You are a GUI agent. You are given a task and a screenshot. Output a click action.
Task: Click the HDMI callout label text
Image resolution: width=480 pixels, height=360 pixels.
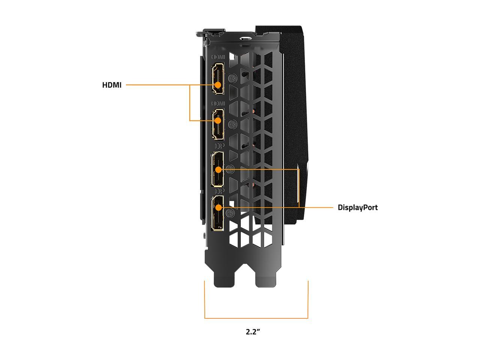pyautogui.click(x=112, y=85)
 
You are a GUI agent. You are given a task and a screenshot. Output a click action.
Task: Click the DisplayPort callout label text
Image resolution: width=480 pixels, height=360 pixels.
pyautogui.click(x=357, y=207)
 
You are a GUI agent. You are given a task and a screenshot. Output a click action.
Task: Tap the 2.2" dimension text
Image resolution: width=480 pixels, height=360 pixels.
pyautogui.click(x=253, y=331)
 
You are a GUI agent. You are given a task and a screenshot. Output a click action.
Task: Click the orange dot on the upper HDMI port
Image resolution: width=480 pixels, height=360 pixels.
pyautogui.click(x=218, y=85)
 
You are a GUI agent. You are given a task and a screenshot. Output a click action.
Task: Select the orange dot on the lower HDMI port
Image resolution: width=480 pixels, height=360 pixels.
pyautogui.click(x=218, y=120)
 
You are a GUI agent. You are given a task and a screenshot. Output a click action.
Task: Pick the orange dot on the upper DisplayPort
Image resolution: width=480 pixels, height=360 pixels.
pyautogui.click(x=219, y=169)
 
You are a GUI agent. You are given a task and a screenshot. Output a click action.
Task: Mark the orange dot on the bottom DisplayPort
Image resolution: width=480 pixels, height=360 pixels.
pyautogui.click(x=219, y=207)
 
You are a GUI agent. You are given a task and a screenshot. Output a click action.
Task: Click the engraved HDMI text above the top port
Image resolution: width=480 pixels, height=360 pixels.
pyautogui.click(x=218, y=57)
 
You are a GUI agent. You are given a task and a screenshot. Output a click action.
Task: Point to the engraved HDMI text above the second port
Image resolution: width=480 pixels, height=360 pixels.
pyautogui.click(x=218, y=103)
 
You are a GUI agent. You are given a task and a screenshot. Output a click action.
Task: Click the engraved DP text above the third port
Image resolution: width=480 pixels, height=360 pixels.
pyautogui.click(x=219, y=146)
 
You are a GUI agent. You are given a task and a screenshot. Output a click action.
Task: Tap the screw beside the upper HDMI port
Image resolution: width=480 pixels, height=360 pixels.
pyautogui.click(x=232, y=78)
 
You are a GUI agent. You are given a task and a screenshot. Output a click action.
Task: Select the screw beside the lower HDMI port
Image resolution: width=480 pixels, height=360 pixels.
pyautogui.click(x=232, y=124)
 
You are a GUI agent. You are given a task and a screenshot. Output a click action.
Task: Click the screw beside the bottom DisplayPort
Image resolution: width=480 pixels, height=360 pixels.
pyautogui.click(x=230, y=213)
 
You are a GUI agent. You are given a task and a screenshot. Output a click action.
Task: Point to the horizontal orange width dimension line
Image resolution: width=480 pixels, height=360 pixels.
pyautogui.click(x=256, y=318)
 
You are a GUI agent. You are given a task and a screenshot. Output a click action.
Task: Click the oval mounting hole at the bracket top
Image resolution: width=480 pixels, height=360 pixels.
pyautogui.click(x=245, y=39)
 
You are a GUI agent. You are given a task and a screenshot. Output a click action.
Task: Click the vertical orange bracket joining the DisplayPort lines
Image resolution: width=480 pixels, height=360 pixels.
pyautogui.click(x=299, y=188)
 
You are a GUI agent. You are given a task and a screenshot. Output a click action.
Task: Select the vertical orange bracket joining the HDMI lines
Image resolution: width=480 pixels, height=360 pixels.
pyautogui.click(x=190, y=102)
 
